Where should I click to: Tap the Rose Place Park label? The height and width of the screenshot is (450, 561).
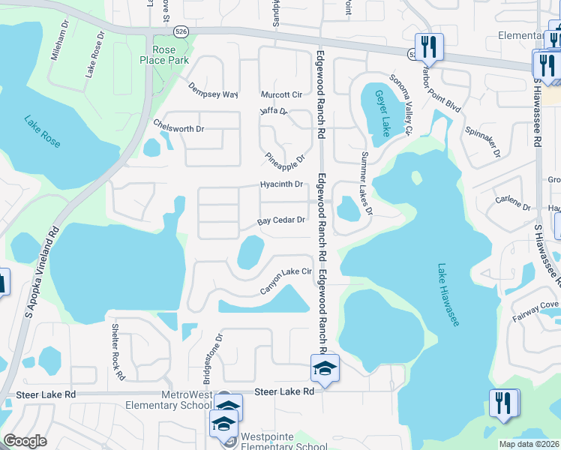(x=167, y=55)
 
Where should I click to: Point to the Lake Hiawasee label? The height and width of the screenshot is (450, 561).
(x=447, y=294)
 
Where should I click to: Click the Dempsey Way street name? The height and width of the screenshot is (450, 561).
(x=213, y=90)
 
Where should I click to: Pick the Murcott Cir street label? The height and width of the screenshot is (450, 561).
(x=281, y=95)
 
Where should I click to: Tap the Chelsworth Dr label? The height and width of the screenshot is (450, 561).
(x=178, y=127)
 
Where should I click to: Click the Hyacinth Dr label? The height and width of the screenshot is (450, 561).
(x=281, y=184)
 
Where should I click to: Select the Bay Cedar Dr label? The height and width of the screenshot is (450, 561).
(x=281, y=221)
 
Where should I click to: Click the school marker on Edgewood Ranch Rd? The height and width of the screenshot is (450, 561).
(x=325, y=368)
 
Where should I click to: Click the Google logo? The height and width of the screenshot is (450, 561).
(x=25, y=441)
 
